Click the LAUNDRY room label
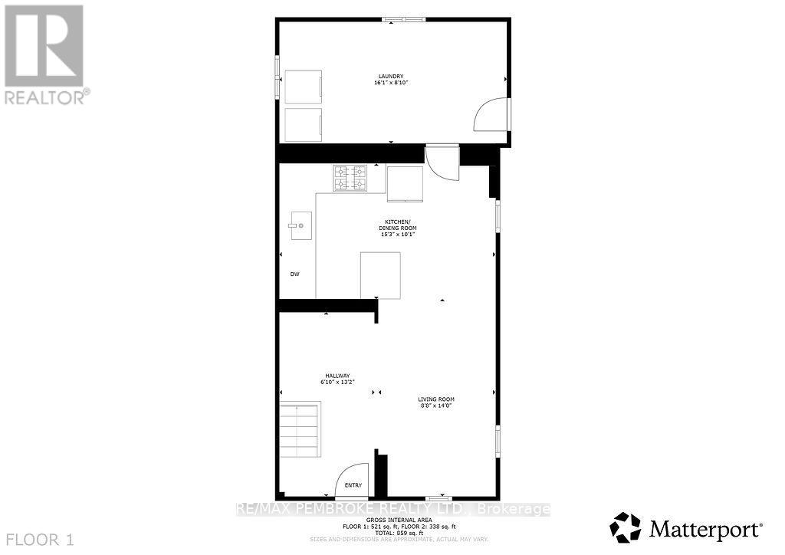click(x=390, y=76)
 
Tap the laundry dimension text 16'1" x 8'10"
click(x=390, y=83)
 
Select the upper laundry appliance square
click(x=303, y=87)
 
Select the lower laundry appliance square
click(x=303, y=124)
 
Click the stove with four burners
click(x=349, y=179)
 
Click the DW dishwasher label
click(x=294, y=274)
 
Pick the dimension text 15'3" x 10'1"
click(x=398, y=235)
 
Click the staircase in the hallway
click(x=300, y=430)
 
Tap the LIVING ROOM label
click(x=436, y=399)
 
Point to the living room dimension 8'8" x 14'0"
click(x=436, y=406)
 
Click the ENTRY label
click(x=353, y=485)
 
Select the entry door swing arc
click(x=352, y=479)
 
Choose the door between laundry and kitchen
click(x=442, y=163)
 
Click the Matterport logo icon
click(x=624, y=527)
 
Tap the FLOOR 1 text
click(x=38, y=540)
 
